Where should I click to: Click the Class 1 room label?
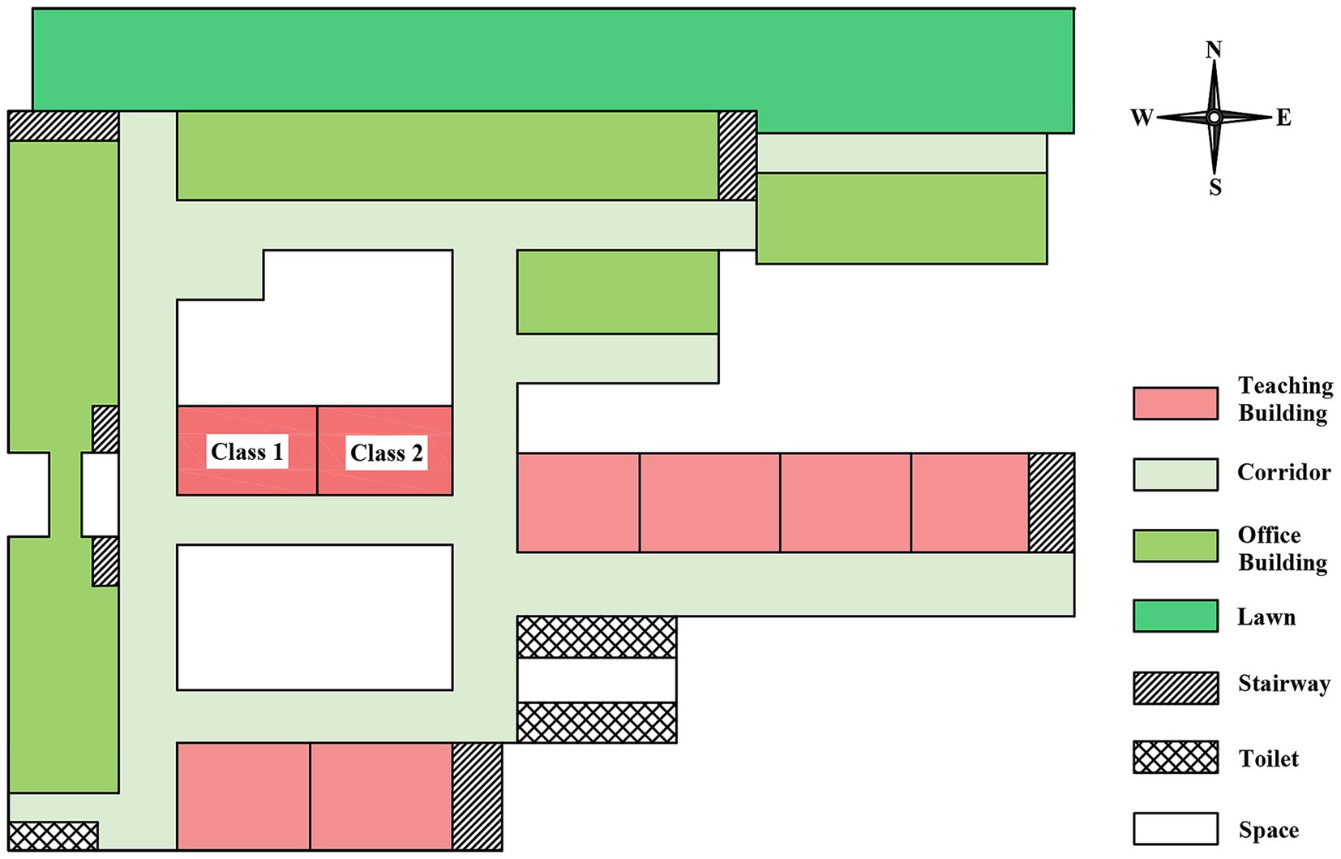click(247, 452)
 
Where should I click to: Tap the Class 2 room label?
click(386, 453)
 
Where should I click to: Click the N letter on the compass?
click(1213, 50)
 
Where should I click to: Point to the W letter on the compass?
click(1142, 118)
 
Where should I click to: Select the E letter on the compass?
click(1283, 118)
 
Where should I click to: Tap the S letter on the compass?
click(1215, 187)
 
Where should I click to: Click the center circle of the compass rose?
click(1214, 118)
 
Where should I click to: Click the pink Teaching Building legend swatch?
click(1175, 403)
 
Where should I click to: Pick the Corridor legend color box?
click(1175, 475)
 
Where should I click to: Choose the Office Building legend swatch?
click(1175, 546)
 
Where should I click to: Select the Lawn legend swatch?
click(1175, 616)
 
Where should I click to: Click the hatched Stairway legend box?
click(1175, 688)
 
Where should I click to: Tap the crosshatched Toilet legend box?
click(1175, 757)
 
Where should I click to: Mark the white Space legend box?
click(1175, 828)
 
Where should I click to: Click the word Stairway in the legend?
click(1283, 684)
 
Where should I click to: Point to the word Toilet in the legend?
click(1268, 758)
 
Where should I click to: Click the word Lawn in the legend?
click(1266, 617)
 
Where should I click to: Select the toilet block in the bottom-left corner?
click(53, 835)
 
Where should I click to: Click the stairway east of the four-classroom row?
click(1052, 503)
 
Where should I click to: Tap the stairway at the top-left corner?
click(63, 126)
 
